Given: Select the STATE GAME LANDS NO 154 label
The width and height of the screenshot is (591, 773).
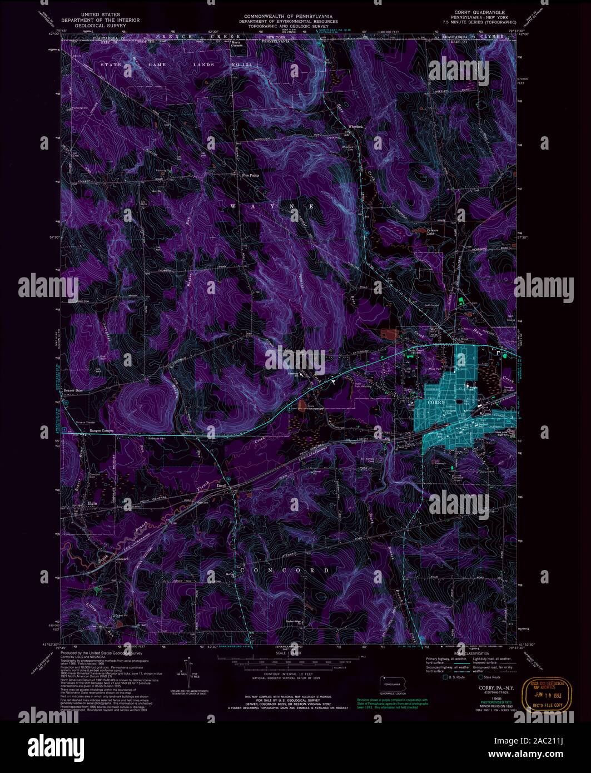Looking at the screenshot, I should (165, 65).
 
